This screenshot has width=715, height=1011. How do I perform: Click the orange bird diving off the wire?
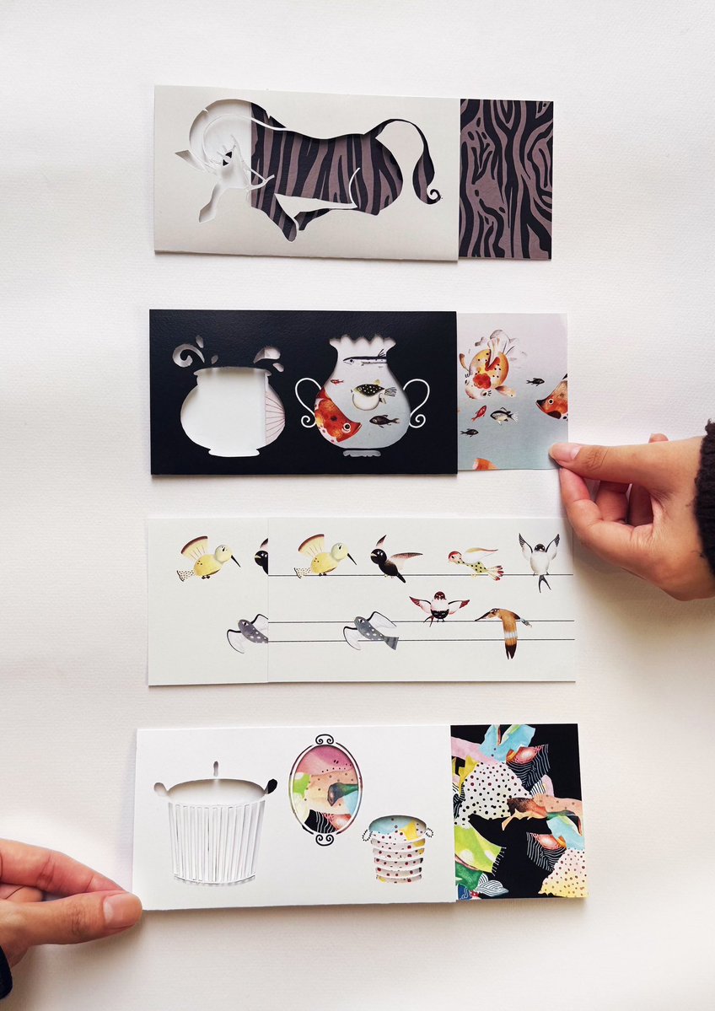[x=505, y=628]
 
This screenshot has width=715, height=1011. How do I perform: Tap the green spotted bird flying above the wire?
[x=475, y=562]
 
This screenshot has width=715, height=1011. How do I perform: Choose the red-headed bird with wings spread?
[x=438, y=605]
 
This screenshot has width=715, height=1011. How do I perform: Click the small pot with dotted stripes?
[x=398, y=847]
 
